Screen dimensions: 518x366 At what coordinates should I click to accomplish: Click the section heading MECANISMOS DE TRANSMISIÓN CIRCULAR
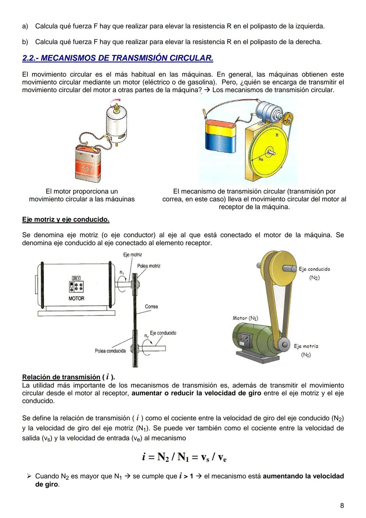(x=118, y=58)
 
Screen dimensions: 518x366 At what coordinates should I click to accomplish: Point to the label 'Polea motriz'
(x=148, y=266)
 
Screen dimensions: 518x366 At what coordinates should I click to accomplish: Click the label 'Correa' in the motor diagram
(x=151, y=306)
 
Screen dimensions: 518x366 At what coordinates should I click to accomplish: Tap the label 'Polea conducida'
(x=110, y=351)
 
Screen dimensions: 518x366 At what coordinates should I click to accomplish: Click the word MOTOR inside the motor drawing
(x=76, y=298)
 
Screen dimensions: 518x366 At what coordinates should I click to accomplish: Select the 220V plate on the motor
(x=76, y=278)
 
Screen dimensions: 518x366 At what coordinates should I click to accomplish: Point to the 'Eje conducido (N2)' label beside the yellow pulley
(x=314, y=273)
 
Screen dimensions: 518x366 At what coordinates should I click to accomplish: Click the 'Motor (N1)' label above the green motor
(x=245, y=318)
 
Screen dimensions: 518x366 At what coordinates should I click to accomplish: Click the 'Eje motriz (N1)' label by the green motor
(x=306, y=350)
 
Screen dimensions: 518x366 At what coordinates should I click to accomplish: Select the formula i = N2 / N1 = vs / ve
(x=184, y=457)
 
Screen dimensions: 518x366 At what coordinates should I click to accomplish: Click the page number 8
(x=342, y=505)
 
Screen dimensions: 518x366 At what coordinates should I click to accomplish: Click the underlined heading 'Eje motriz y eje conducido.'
(x=66, y=220)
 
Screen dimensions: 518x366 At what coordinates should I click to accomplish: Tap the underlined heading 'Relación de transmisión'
(x=61, y=377)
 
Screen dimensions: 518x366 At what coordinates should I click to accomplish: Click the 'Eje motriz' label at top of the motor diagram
(x=133, y=255)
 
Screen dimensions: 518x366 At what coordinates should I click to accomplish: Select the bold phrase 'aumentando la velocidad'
(x=303, y=476)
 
